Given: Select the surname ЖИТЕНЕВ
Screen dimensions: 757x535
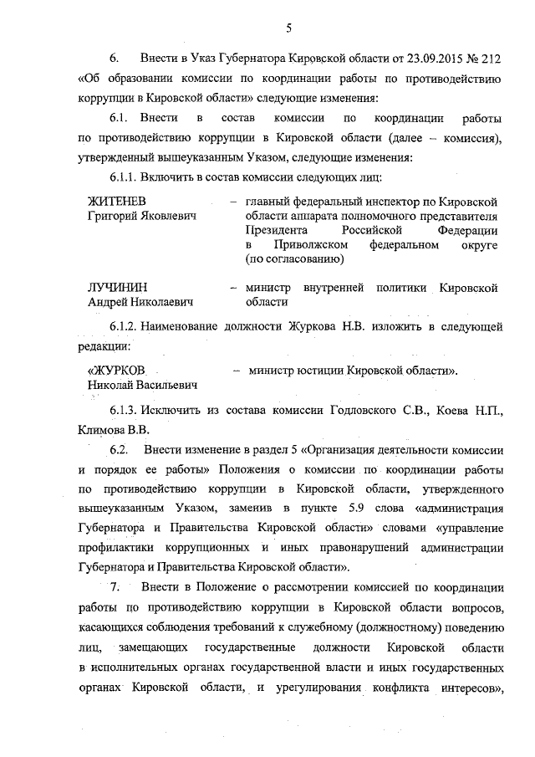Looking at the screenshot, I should [117, 202].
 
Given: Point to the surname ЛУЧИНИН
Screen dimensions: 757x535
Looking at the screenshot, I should [116, 288].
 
